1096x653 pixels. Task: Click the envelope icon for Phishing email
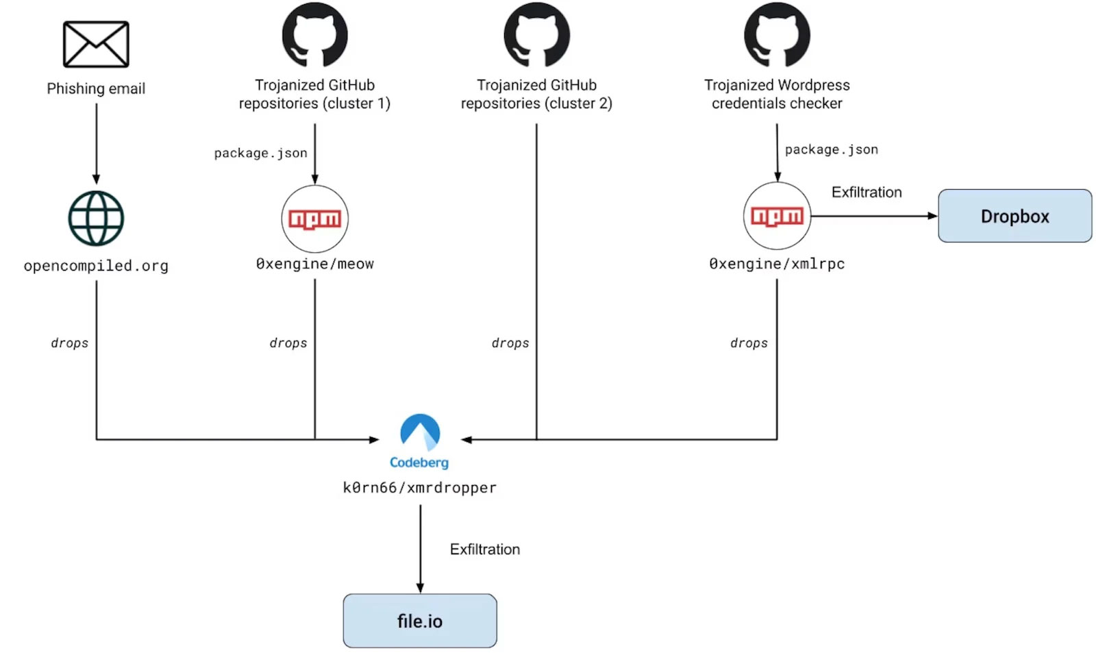coord(96,45)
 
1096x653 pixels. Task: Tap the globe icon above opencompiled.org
coord(96,219)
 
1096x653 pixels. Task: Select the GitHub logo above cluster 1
coord(314,35)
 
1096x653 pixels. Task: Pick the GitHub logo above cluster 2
coord(536,35)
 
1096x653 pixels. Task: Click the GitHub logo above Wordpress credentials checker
coord(777,35)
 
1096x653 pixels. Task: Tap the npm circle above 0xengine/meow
coord(314,219)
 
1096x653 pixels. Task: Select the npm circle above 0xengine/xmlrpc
coord(777,216)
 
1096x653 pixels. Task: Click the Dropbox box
coord(1014,216)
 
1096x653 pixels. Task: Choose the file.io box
coord(420,621)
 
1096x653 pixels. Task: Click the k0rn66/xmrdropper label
coord(420,488)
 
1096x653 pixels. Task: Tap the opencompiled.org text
coord(96,266)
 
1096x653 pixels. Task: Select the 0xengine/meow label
coord(314,264)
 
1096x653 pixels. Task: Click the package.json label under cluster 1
coord(260,153)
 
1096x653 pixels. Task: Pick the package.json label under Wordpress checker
coord(831,149)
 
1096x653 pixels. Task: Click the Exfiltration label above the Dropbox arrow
coord(867,193)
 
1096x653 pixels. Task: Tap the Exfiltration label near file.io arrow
coord(485,550)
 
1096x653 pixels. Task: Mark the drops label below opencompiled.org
coord(69,343)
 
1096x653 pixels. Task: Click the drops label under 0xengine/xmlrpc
coord(749,343)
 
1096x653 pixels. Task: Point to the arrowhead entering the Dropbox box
coord(932,216)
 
